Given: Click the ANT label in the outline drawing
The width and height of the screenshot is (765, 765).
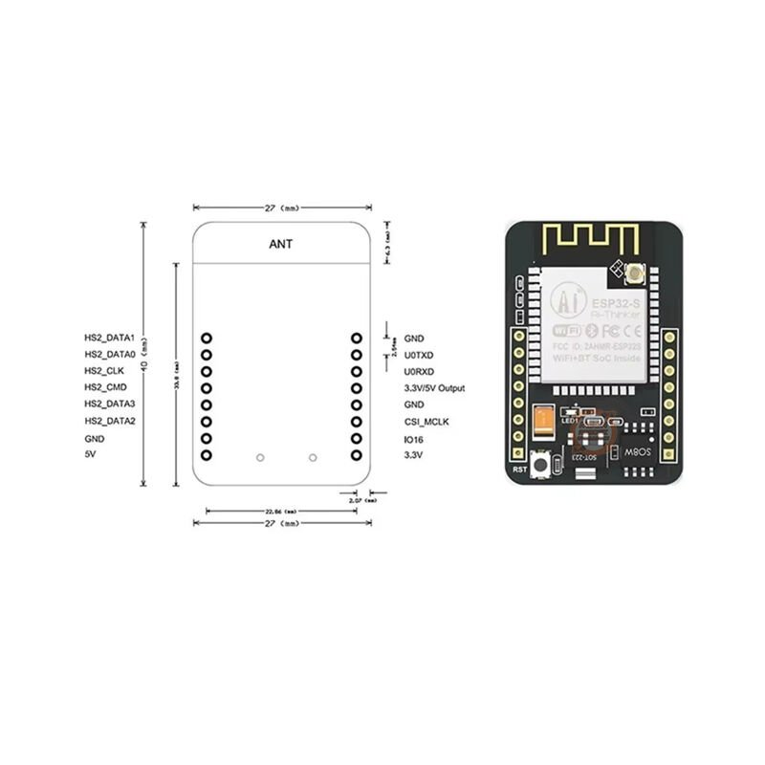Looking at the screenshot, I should tap(281, 244).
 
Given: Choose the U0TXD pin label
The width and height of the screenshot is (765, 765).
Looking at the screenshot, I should tap(419, 355).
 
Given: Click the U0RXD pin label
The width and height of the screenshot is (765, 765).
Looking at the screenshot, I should tap(419, 371).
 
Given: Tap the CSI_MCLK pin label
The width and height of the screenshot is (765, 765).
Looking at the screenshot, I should tap(426, 422).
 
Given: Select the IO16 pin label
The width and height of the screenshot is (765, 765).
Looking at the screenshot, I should tap(414, 439).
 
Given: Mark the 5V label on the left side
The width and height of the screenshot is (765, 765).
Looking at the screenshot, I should tap(91, 455).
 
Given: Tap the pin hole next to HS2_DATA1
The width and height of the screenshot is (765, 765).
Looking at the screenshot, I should tap(207, 338).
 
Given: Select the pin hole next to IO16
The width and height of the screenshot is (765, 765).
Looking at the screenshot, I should tap(357, 439).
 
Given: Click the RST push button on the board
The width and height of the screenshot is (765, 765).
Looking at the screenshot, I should tap(542, 465).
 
